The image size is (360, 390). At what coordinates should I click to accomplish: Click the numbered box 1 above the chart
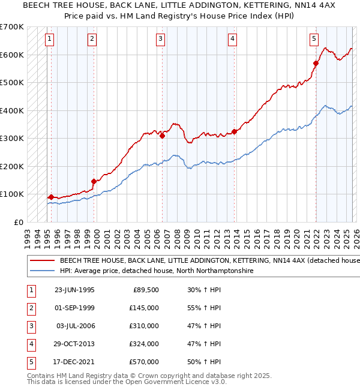tap(49, 39)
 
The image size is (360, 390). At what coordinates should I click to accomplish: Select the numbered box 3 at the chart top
tap(161, 39)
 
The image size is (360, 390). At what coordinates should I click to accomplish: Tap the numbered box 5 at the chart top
tap(314, 39)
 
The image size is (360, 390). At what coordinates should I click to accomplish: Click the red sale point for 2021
tap(316, 63)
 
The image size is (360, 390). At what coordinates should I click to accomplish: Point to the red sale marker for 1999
tap(94, 181)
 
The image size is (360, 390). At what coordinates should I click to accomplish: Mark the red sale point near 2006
tap(163, 136)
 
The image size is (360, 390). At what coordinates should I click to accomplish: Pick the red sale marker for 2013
tap(235, 131)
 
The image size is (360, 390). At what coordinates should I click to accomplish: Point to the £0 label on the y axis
tap(19, 222)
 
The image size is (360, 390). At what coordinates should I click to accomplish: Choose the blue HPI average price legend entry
tap(157, 271)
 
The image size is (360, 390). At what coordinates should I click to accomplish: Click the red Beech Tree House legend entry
tap(204, 261)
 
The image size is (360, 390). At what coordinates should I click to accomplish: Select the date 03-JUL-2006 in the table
tap(75, 325)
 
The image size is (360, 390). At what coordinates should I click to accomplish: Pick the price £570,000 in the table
tap(144, 361)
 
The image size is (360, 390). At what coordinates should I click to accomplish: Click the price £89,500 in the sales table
tap(146, 289)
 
